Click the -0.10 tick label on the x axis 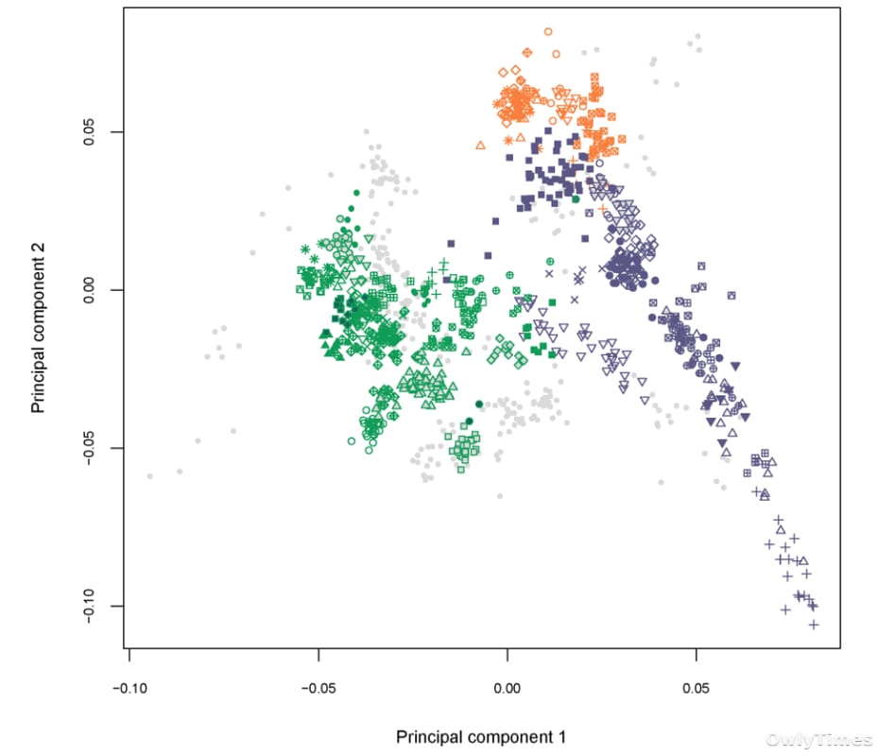pos(129,688)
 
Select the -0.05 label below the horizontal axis pos(318,688)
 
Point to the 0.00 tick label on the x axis pos(507,688)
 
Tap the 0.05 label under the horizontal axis pos(696,688)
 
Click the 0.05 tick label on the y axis pos(89,132)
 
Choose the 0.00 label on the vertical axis pos(89,290)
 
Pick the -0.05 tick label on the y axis pos(89,448)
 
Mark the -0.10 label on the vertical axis pos(89,606)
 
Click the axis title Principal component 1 pos(481,737)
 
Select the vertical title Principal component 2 pos(38,328)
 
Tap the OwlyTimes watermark pos(818,740)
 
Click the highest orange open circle pos(548,32)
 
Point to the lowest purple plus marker pos(814,625)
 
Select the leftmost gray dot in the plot pos(150,476)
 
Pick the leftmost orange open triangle pos(481,146)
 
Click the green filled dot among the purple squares pos(576,199)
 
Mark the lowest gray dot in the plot pos(500,496)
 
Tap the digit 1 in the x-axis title pos(561,736)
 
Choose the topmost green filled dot pos(356,193)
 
